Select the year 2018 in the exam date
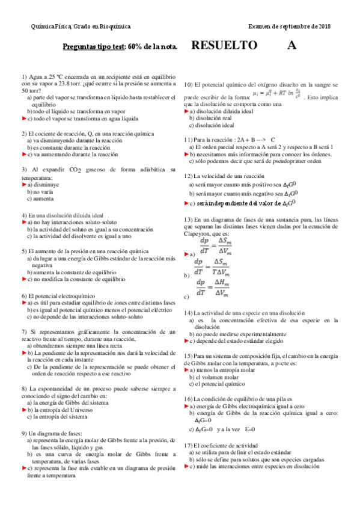coord(324,26)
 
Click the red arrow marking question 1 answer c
coord(24,118)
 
